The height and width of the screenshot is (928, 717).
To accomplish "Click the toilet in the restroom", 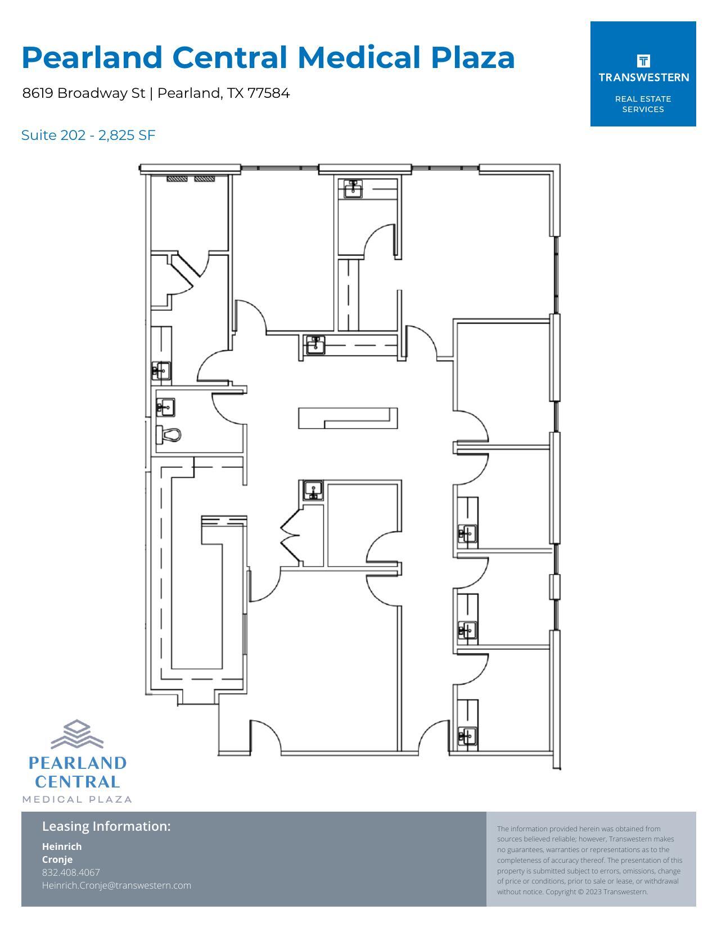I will tap(169, 434).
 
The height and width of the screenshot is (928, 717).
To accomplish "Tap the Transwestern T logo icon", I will tap(643, 61).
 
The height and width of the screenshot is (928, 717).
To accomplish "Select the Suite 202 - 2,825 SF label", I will tap(88, 135).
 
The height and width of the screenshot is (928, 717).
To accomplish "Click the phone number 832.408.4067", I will tap(71, 872).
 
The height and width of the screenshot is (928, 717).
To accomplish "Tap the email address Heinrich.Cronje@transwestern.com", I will tap(116, 885).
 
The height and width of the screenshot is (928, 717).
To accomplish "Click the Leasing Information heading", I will tap(106, 826).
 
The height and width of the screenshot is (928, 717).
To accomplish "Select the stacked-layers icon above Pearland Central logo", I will tap(77, 734).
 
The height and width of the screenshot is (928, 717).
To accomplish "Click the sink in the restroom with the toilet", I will tap(165, 408).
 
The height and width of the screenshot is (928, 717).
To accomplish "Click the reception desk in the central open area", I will tap(348, 418).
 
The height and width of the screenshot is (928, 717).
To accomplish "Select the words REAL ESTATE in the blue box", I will tap(643, 99).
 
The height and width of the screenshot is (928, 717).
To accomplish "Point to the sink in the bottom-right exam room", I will tap(467, 735).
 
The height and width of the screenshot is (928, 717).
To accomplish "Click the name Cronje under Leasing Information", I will tap(57, 859).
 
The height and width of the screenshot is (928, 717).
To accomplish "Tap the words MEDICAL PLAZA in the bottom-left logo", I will tap(77, 799).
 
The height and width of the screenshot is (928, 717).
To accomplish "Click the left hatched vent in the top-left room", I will tap(177, 179).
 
